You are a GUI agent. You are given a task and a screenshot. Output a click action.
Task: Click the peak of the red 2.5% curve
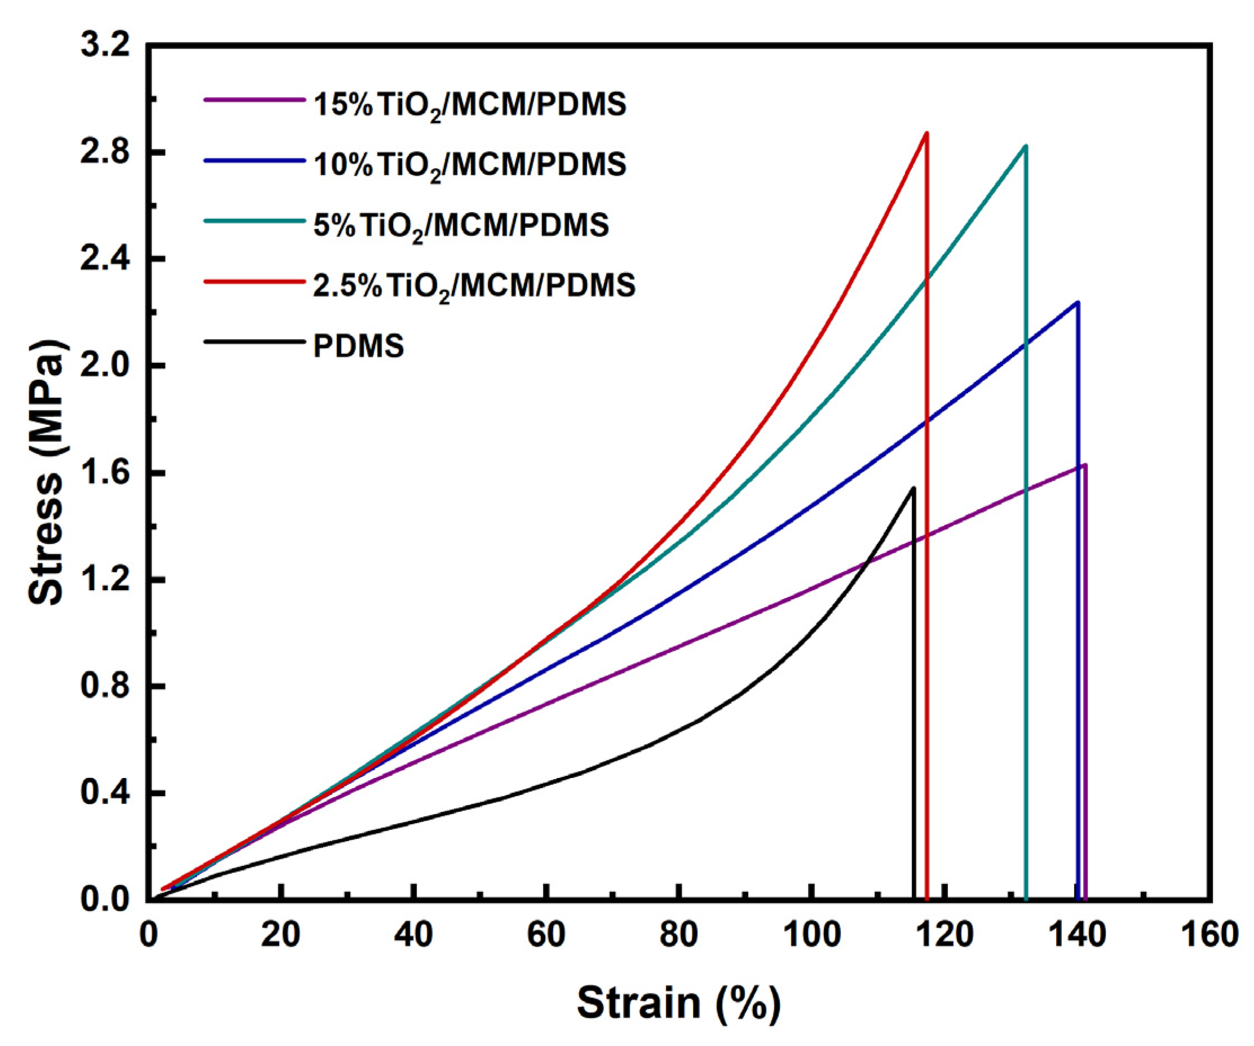click(x=926, y=133)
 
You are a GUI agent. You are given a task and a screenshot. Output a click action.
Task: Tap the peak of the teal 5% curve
click(x=1025, y=146)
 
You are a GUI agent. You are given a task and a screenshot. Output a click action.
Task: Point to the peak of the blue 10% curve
click(x=1078, y=302)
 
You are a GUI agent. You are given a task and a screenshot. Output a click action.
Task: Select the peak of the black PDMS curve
click(x=913, y=488)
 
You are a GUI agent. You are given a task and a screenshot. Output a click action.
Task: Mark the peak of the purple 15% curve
click(x=1084, y=465)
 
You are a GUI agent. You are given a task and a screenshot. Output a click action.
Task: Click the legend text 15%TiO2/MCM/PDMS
click(x=469, y=105)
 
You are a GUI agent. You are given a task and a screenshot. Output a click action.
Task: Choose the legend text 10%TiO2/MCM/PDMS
click(x=469, y=164)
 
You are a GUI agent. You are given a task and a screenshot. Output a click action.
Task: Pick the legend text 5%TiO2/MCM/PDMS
click(x=461, y=225)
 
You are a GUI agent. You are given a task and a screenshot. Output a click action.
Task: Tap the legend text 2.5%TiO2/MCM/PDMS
click(x=474, y=285)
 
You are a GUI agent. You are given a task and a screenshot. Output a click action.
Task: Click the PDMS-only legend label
click(x=358, y=346)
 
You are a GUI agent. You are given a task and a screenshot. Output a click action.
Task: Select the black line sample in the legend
click(x=254, y=342)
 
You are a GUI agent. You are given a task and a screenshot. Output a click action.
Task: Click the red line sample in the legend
click(x=254, y=281)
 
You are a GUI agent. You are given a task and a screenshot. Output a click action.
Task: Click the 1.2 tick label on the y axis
click(x=105, y=579)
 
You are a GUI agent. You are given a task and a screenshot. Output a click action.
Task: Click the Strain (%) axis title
click(x=678, y=1003)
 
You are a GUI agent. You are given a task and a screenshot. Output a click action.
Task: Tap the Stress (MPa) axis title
click(x=47, y=472)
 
